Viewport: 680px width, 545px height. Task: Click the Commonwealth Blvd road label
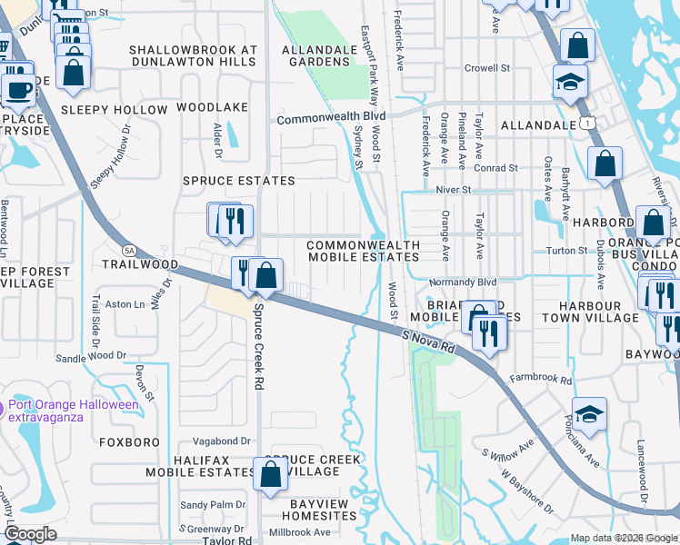click(332, 118)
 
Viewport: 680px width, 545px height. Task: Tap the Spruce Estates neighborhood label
click(239, 181)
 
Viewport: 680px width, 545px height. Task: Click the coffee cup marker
click(18, 89)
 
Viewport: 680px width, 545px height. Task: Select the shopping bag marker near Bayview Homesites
click(270, 473)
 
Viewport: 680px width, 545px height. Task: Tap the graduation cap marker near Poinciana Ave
click(588, 414)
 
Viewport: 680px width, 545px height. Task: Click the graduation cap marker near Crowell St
click(569, 83)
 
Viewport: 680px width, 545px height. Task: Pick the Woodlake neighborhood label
click(212, 107)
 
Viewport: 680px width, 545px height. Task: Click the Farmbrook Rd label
click(540, 378)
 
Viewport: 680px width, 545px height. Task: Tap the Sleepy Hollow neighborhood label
click(115, 110)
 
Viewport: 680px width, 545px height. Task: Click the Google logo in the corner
click(30, 534)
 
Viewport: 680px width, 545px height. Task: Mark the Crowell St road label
click(486, 68)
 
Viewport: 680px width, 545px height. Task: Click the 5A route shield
click(129, 250)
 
